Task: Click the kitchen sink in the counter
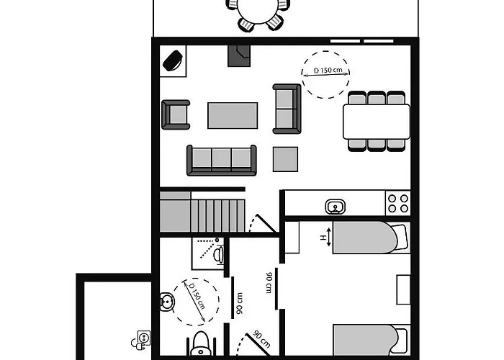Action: (335, 207)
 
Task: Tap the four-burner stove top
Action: (398, 203)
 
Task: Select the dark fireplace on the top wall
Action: (239, 56)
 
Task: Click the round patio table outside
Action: (258, 12)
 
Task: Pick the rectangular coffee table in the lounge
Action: (233, 115)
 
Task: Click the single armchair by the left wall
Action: (176, 114)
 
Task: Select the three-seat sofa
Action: (222, 161)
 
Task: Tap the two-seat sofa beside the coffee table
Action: (287, 109)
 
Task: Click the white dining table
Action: (377, 122)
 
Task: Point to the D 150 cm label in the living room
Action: (328, 70)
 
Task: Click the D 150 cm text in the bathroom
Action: (197, 296)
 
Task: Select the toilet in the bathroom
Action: (201, 346)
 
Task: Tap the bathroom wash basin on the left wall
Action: (167, 302)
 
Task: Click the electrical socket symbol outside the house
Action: (141, 341)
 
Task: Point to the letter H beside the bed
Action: (323, 237)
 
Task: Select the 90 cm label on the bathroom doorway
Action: (239, 303)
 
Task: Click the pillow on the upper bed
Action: (400, 237)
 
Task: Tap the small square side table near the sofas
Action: (285, 159)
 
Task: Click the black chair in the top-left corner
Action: (173, 60)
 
